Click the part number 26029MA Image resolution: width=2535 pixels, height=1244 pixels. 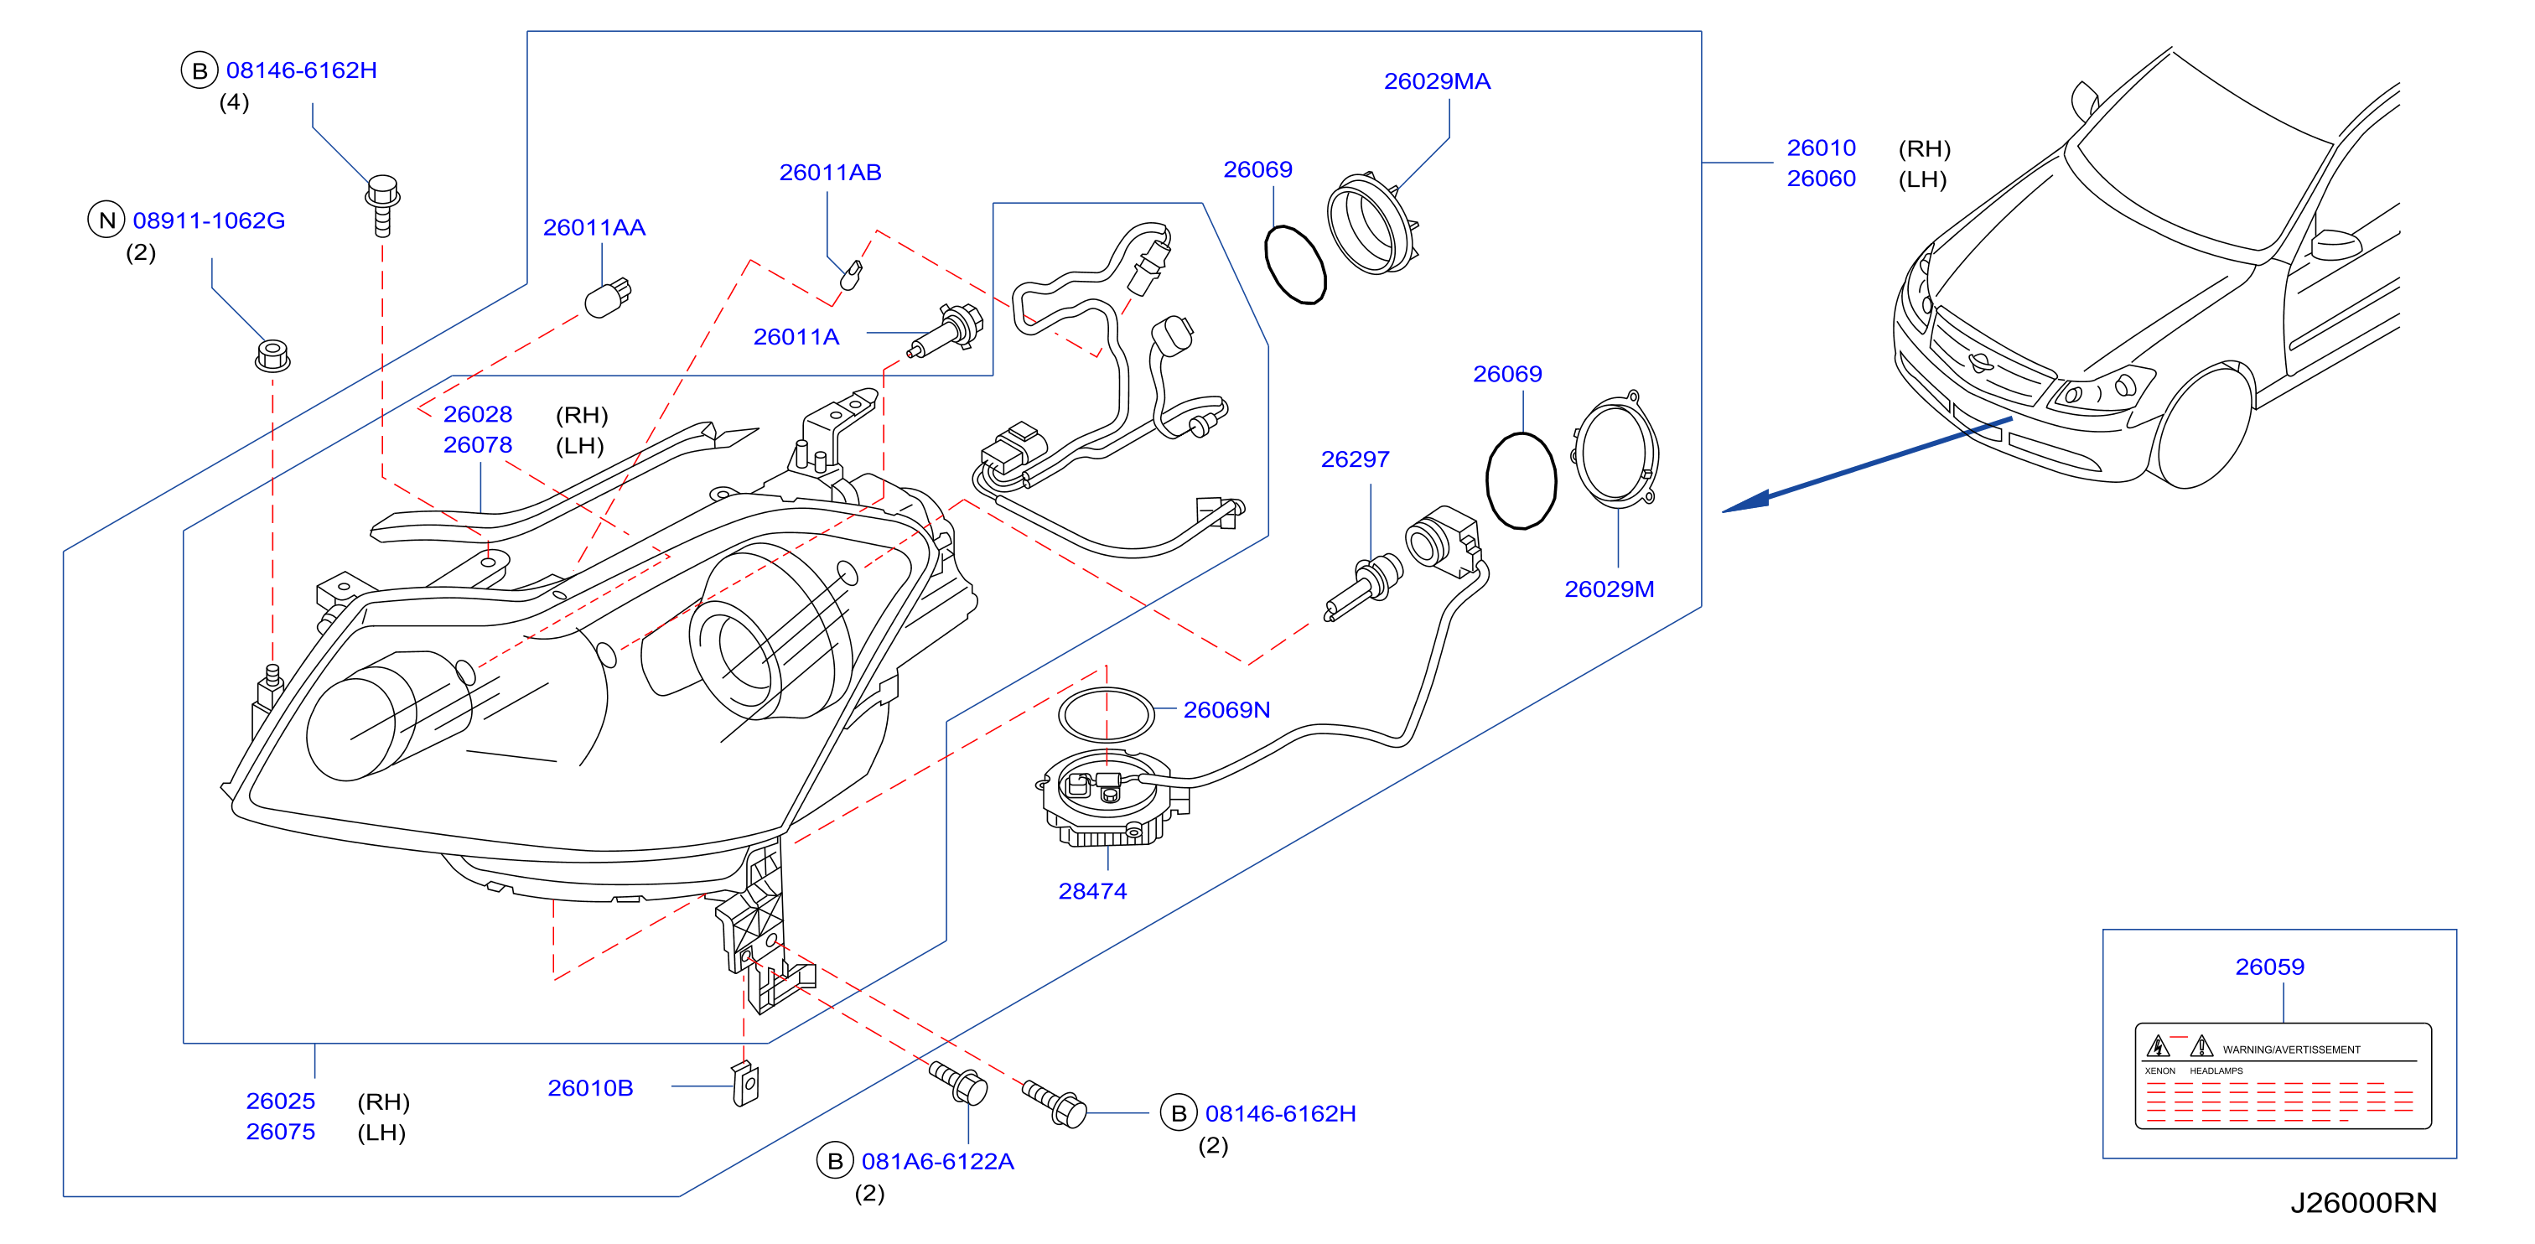click(x=1437, y=81)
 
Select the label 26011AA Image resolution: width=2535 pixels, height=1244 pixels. click(x=594, y=227)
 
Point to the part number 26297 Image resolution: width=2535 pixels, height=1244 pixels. click(x=1354, y=459)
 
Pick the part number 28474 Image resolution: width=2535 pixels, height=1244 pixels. click(x=1092, y=891)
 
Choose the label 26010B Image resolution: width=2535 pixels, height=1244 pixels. click(x=589, y=1087)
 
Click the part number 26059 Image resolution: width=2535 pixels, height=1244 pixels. click(x=2269, y=967)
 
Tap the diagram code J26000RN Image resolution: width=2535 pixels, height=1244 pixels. click(x=2363, y=1203)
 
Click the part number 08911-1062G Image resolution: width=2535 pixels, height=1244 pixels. click(x=209, y=220)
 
